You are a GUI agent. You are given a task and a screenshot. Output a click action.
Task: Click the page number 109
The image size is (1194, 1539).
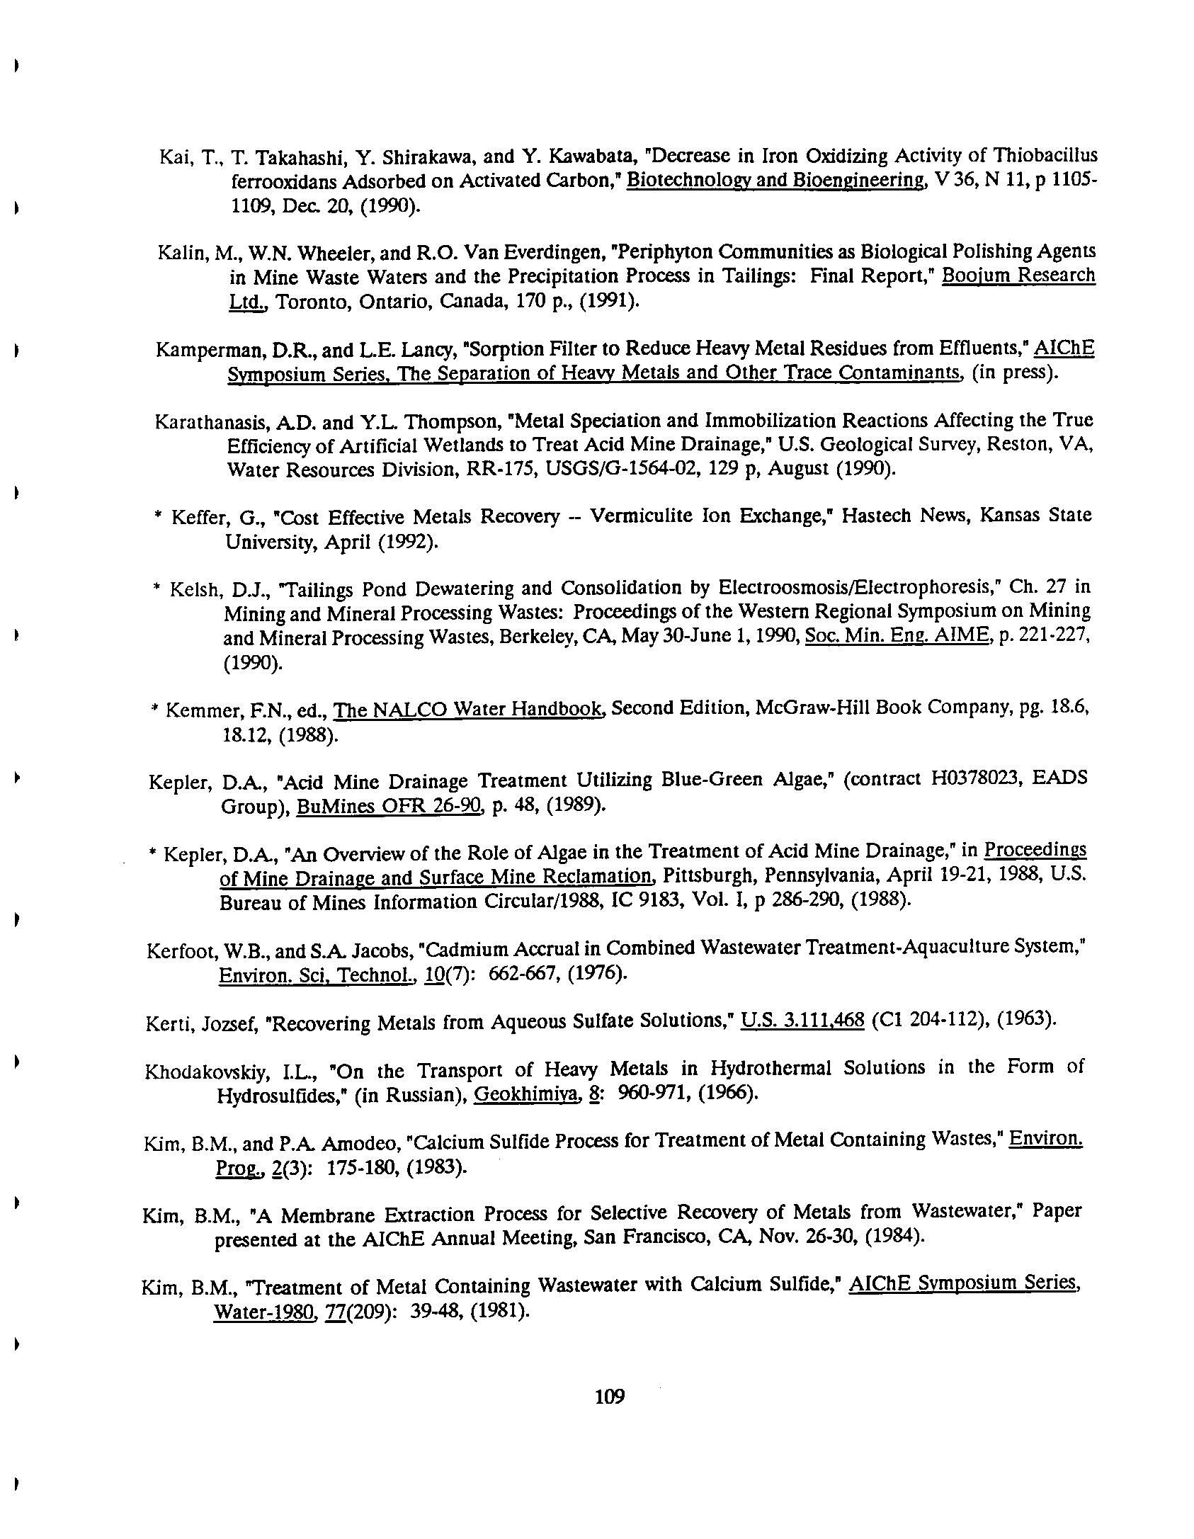coord(610,1396)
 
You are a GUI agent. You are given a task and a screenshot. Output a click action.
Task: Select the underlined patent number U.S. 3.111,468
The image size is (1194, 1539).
coord(802,1021)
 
